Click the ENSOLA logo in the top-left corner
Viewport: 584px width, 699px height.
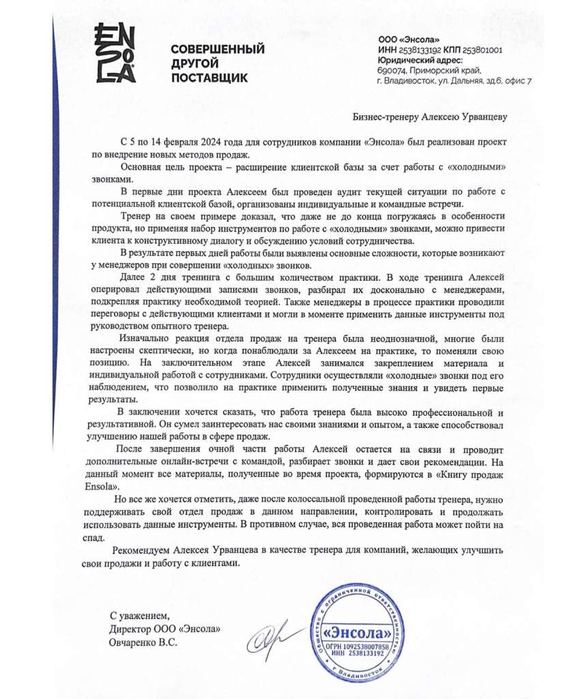tap(114, 53)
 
